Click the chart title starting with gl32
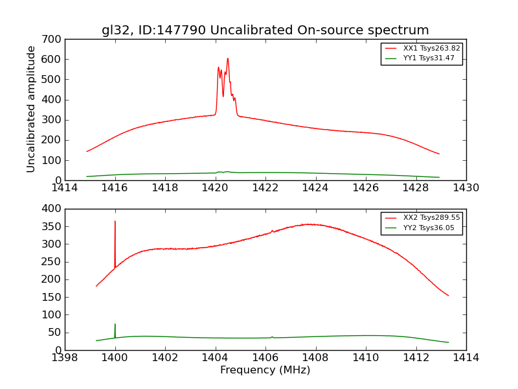265,30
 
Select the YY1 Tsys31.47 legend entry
429,58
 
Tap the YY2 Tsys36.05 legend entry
429,228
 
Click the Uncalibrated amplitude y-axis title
31,109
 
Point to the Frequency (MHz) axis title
265,370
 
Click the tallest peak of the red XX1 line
227,58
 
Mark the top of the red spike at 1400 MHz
115,221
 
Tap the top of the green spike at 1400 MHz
115,324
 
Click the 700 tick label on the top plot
54,40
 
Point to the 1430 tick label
466,188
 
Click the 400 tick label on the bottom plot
54,209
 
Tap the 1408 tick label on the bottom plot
315,358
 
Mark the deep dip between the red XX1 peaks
223,97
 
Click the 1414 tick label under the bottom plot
466,358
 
